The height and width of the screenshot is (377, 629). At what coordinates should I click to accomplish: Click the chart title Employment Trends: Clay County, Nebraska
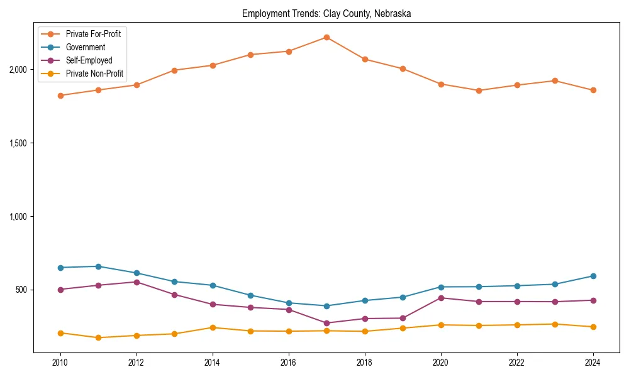coord(326,14)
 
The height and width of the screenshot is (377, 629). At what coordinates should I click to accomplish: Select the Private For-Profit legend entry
coord(93,34)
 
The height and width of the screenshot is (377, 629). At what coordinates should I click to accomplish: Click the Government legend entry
coord(86,47)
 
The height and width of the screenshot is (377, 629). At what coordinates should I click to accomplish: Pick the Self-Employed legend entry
coord(89,60)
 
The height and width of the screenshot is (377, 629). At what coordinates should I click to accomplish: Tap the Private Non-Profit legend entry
coord(94,74)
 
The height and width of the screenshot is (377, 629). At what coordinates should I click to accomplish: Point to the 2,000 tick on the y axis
coord(18,70)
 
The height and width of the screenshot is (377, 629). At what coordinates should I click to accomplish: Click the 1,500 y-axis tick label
coord(18,143)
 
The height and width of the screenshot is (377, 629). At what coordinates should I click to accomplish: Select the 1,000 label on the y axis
coord(18,217)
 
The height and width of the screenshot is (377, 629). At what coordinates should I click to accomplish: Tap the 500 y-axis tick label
coord(21,290)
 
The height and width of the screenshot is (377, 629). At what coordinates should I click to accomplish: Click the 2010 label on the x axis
coord(60,363)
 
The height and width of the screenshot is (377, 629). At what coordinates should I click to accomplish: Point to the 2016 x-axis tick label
coord(288,363)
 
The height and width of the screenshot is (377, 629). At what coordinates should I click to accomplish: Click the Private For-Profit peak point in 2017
coord(326,37)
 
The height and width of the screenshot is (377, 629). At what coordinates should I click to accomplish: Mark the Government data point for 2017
coord(326,306)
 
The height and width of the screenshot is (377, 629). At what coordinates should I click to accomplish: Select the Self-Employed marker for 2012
coord(136,281)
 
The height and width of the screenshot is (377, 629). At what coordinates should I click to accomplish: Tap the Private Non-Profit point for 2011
coord(98,337)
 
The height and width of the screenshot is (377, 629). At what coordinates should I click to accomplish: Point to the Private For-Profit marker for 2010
coord(60,96)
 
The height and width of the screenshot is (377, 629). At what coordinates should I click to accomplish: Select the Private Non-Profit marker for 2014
coord(213,327)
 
